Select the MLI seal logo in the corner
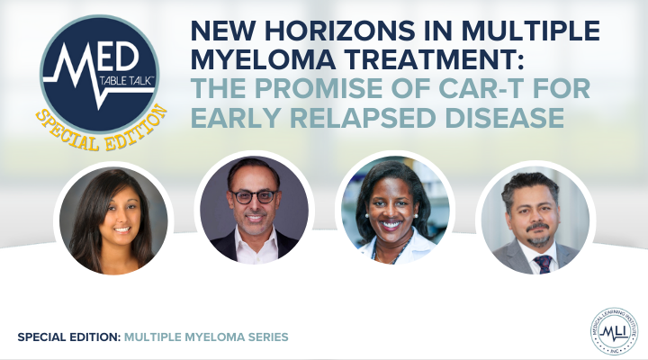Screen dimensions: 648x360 (x=614, y=330)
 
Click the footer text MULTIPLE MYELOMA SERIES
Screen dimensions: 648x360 (x=206, y=337)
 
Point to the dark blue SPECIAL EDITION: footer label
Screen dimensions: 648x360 (x=69, y=337)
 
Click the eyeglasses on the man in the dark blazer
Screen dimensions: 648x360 (x=254, y=196)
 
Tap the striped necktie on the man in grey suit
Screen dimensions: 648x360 (x=543, y=264)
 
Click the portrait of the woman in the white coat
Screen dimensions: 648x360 (x=395, y=210)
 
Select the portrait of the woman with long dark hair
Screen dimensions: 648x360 (x=113, y=220)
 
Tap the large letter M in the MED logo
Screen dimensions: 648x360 (x=76, y=68)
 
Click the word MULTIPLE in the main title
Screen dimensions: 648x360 (x=531, y=31)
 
